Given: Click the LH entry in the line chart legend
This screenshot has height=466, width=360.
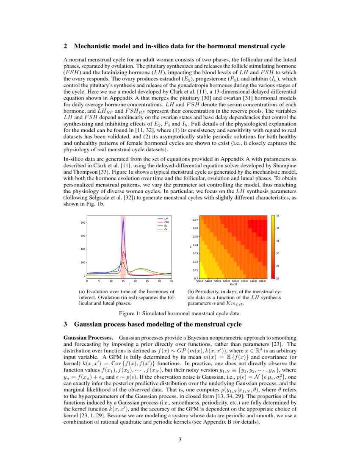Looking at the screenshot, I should [165, 218].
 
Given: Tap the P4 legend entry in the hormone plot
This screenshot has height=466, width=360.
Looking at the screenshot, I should [165, 229].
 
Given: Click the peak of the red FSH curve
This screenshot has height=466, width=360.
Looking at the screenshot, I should [123, 252].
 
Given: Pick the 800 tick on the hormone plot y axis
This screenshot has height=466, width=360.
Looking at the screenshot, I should [83, 222].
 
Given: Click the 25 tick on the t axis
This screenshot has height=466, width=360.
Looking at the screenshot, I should [147, 281].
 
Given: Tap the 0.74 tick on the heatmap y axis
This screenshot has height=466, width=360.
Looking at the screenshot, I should [195, 245].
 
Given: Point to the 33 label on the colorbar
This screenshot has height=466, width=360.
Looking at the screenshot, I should [277, 216].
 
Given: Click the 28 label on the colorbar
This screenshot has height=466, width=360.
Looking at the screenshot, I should [277, 278].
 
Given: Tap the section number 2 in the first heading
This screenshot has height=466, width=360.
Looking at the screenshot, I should [65, 46].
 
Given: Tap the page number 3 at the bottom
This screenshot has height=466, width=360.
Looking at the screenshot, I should [180, 439].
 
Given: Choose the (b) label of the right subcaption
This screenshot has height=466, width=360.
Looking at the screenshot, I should [191, 291].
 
